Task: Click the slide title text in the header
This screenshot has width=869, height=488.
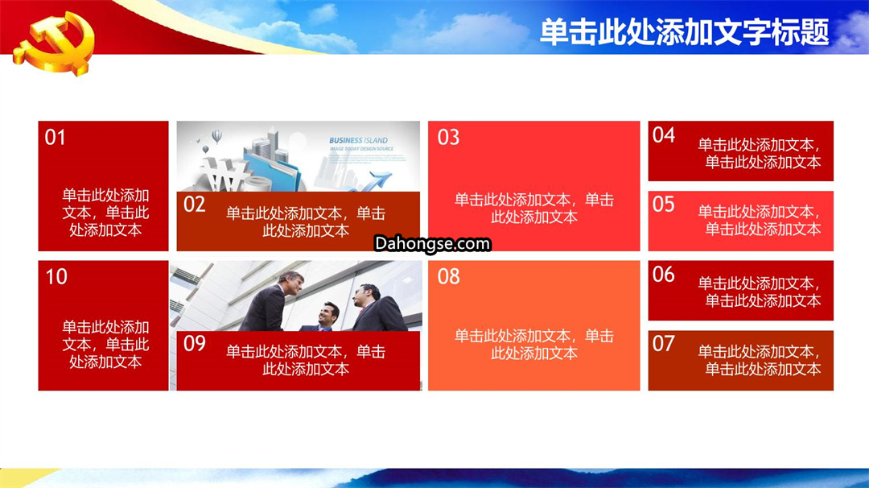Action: [x=685, y=31]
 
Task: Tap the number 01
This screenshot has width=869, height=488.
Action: [x=55, y=137]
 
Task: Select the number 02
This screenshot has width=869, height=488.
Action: [x=195, y=204]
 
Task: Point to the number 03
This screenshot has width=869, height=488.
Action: [x=448, y=137]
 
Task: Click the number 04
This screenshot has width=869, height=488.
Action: [x=663, y=134]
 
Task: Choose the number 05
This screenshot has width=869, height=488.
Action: [x=663, y=204]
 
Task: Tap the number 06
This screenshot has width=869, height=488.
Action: [x=663, y=274]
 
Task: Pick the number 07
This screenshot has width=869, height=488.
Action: [x=663, y=343]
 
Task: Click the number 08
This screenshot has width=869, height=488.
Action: [x=448, y=276]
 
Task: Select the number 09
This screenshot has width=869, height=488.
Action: [x=195, y=343]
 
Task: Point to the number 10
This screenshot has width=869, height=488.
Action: [x=56, y=276]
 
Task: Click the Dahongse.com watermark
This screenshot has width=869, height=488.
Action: [x=432, y=243]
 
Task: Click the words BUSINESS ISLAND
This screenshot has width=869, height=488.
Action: [x=358, y=140]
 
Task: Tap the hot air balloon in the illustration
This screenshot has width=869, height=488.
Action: [x=216, y=136]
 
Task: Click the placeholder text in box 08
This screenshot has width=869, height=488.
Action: [x=534, y=345]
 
